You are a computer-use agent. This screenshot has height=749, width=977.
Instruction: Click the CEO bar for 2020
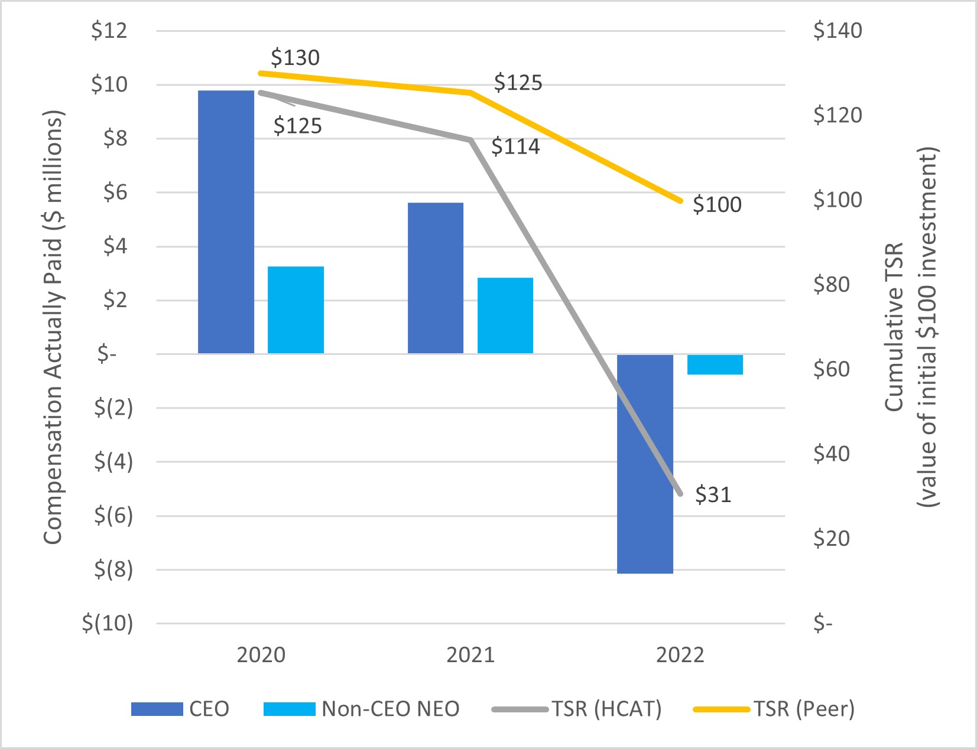pos(226,222)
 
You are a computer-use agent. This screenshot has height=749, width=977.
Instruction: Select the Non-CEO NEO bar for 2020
pos(296,310)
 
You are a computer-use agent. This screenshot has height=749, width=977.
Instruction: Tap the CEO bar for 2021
pos(436,278)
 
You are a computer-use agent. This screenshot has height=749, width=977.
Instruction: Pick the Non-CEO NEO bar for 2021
pos(505,315)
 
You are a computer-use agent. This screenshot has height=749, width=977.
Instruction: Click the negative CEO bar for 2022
pos(645,464)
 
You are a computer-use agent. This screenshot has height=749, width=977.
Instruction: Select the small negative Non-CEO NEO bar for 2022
pos(715,364)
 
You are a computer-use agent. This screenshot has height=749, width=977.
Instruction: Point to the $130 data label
pos(295,58)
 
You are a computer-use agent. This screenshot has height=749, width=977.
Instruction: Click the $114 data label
pos(515,146)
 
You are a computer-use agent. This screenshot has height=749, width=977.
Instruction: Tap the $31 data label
pos(713,494)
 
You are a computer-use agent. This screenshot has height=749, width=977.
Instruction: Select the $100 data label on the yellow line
pos(717,204)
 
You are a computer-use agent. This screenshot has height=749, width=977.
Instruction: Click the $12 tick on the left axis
pos(109,31)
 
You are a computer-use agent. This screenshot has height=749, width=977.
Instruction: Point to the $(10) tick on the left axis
pos(108,623)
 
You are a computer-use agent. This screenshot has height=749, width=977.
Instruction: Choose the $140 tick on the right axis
pos(838,31)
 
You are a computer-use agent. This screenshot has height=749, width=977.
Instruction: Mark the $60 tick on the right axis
pos(831,369)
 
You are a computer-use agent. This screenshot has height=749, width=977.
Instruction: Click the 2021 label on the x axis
pos(470,655)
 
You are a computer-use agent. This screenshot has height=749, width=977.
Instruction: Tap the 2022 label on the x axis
pos(680,655)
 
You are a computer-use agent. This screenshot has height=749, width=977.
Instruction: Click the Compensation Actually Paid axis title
pos(53,327)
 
